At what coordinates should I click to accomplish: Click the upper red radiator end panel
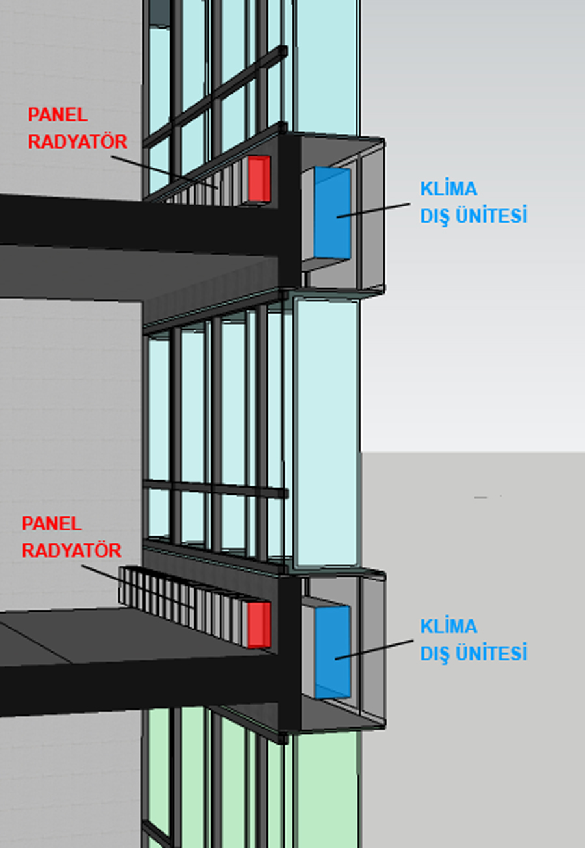259,179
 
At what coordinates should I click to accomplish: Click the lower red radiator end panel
259,624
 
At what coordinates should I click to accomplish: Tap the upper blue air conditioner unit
332,212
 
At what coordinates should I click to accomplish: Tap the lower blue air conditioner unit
332,651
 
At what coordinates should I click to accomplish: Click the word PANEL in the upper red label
57,116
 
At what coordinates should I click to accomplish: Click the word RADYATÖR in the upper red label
77,142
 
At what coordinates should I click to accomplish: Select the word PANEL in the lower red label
51,523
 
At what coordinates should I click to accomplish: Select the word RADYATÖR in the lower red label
71,551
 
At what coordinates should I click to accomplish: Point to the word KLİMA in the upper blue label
448,189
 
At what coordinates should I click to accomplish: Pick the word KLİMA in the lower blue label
448,627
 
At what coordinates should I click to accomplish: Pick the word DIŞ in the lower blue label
435,653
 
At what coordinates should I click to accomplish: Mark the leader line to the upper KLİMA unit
374,209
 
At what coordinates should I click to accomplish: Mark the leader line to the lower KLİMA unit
374,649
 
